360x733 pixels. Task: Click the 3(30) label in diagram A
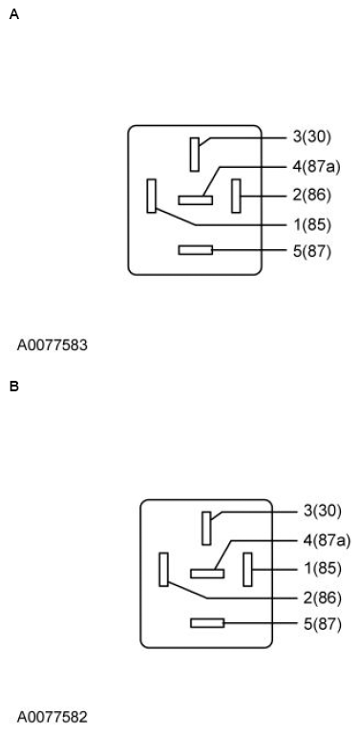click(311, 136)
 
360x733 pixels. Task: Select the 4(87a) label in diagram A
click(316, 166)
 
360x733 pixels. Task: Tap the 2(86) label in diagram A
click(311, 195)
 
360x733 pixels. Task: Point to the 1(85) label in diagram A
click(311, 224)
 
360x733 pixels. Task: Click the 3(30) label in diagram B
click(323, 511)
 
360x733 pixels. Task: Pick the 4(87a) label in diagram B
click(328, 540)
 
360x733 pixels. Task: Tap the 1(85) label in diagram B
click(323, 569)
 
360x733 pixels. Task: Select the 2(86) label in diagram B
click(323, 597)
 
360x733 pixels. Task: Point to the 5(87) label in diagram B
click(323, 624)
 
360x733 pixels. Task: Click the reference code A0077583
click(52, 345)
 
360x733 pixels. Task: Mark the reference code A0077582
click(52, 717)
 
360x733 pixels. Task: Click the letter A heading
click(13, 14)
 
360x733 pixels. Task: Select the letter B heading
click(13, 387)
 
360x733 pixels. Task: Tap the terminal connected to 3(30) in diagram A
click(195, 155)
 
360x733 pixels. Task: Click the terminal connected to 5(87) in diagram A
click(195, 250)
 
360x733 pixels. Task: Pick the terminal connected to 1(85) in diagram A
click(151, 196)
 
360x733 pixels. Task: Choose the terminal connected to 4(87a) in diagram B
click(206, 574)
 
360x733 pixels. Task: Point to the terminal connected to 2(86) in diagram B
click(163, 569)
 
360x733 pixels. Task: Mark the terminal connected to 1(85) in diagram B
click(247, 570)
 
